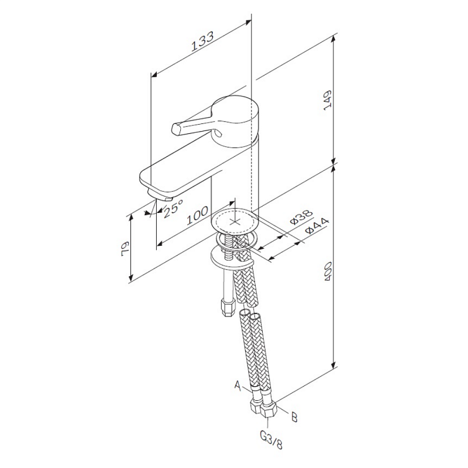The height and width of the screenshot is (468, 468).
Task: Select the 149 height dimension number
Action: point(328,100)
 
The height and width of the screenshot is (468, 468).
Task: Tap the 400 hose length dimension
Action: point(328,271)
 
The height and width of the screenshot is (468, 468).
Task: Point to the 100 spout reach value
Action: point(197,216)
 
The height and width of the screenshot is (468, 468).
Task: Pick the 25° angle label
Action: point(173,208)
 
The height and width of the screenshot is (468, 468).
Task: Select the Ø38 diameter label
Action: point(301,217)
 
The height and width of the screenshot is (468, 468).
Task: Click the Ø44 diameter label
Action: point(317,226)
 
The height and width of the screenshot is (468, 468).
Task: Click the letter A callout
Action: point(238,385)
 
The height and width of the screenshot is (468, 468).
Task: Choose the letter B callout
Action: point(294,417)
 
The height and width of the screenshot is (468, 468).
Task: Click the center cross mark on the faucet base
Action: point(235,222)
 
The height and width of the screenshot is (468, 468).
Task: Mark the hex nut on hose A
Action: point(257,407)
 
